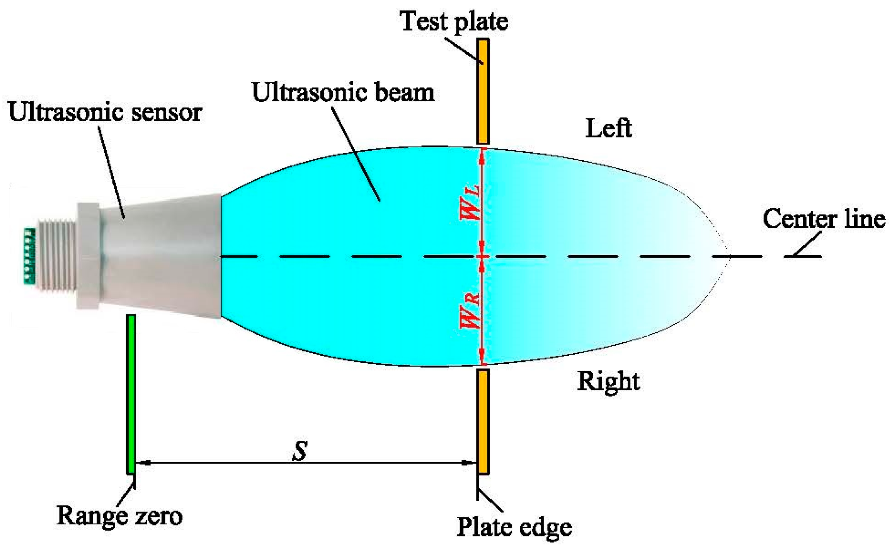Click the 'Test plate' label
[x=454, y=21]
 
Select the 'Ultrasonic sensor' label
[x=105, y=112]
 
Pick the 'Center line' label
[x=824, y=218]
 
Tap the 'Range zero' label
[x=119, y=516]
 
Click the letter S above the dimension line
[x=300, y=451]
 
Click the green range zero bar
[x=131, y=394]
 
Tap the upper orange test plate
[x=483, y=91]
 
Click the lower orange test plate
[x=483, y=422]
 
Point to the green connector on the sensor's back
[x=29, y=256]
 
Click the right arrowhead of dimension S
[x=469, y=463]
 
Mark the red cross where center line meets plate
[x=482, y=256]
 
